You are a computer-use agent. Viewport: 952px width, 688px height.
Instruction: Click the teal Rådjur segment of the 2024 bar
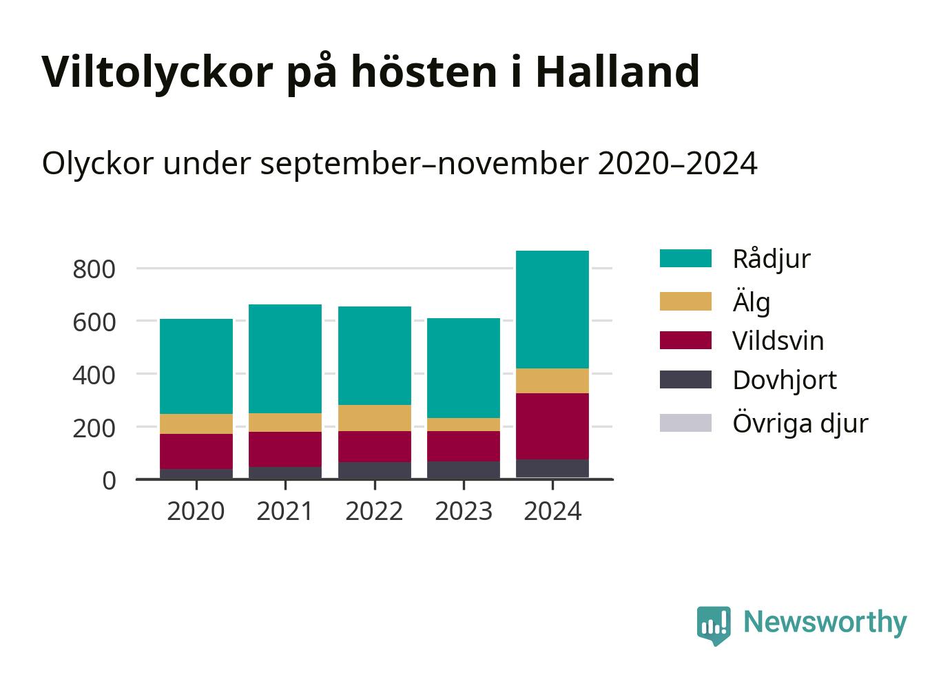[552, 309]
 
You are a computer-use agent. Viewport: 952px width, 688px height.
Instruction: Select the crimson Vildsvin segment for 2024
[552, 426]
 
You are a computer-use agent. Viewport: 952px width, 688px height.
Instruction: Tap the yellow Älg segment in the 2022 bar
[375, 418]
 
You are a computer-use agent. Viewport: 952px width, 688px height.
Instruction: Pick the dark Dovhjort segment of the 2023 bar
[463, 470]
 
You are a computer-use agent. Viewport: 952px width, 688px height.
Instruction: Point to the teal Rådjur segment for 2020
[196, 366]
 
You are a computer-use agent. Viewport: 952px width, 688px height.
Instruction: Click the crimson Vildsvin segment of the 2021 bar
[285, 449]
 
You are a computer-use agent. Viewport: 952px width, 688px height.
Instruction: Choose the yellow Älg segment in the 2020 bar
[196, 424]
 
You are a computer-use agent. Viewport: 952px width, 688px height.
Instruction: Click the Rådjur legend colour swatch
[685, 258]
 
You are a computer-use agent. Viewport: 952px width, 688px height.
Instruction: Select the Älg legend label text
[752, 302]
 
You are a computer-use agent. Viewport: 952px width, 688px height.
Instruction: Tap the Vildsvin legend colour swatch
[685, 340]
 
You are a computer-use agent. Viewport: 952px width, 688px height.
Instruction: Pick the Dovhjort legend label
[785, 380]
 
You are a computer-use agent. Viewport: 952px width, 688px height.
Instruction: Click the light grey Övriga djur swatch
[685, 423]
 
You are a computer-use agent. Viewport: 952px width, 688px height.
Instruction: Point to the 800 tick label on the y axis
[94, 269]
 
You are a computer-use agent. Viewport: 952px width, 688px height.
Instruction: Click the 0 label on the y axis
[110, 481]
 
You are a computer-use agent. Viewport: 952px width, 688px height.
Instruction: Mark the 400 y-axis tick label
[94, 375]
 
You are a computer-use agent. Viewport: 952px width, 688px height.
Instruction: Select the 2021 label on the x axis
[284, 511]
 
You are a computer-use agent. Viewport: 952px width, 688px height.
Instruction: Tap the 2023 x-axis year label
[463, 511]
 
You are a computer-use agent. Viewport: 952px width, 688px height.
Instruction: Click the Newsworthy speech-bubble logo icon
[714, 625]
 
